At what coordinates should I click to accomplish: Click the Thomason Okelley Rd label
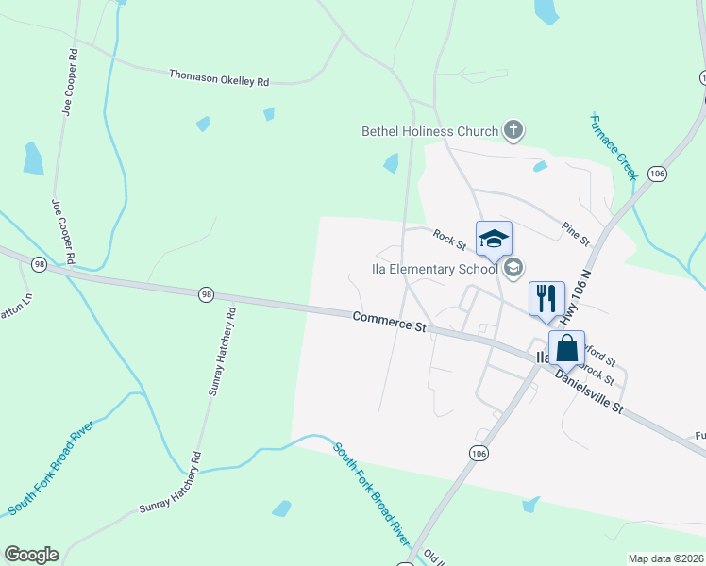[x=219, y=78]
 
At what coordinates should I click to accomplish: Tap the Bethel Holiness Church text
[x=431, y=131]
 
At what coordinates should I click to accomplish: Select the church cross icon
[x=513, y=129]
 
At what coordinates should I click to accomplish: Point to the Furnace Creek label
[x=614, y=146]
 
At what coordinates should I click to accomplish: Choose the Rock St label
[x=450, y=240]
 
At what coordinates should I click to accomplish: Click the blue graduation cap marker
[x=494, y=239]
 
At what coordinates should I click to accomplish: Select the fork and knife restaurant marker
[x=546, y=299]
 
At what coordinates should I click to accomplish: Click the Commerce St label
[x=389, y=323]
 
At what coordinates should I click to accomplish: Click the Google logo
[x=31, y=555]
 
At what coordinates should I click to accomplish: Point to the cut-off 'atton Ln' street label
[x=16, y=304]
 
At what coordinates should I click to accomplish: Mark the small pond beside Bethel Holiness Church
[x=391, y=163]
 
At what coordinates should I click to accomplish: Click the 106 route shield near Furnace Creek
[x=658, y=175]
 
